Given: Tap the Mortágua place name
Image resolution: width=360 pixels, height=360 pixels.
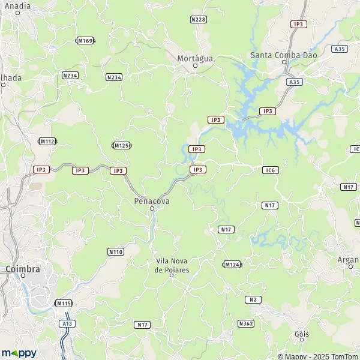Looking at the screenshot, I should pos(195,58).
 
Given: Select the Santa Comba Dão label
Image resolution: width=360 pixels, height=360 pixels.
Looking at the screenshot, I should pos(283,55).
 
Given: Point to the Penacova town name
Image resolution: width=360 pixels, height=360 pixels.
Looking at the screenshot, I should pos(151,201).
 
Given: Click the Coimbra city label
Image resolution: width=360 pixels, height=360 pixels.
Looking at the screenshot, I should pos(22,269).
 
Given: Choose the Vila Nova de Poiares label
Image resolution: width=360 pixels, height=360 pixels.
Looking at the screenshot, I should pos(172,265).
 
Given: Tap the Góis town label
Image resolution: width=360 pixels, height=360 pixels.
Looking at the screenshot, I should pos(302,334).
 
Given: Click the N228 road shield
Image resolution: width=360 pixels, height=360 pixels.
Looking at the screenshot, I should pos(198,20).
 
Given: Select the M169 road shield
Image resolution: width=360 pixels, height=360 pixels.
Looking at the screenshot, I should pos(85,41).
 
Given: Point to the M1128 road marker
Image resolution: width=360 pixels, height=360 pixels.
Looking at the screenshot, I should pos(47,141).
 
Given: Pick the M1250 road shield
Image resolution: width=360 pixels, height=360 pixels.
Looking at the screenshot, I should pos(122,145).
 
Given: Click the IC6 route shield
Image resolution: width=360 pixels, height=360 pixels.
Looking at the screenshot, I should pos(270,170).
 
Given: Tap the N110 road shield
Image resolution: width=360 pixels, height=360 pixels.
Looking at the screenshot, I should pos(116,251).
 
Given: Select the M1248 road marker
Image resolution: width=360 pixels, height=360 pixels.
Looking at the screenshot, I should pos(232,264).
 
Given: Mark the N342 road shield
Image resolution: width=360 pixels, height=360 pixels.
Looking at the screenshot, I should pos(245,323).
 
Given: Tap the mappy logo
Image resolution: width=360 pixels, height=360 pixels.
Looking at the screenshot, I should pos(19,353).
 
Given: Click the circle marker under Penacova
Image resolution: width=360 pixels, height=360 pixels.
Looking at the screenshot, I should pos(152,209).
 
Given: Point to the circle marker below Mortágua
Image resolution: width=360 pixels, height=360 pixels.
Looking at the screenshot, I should pos(195,66).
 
